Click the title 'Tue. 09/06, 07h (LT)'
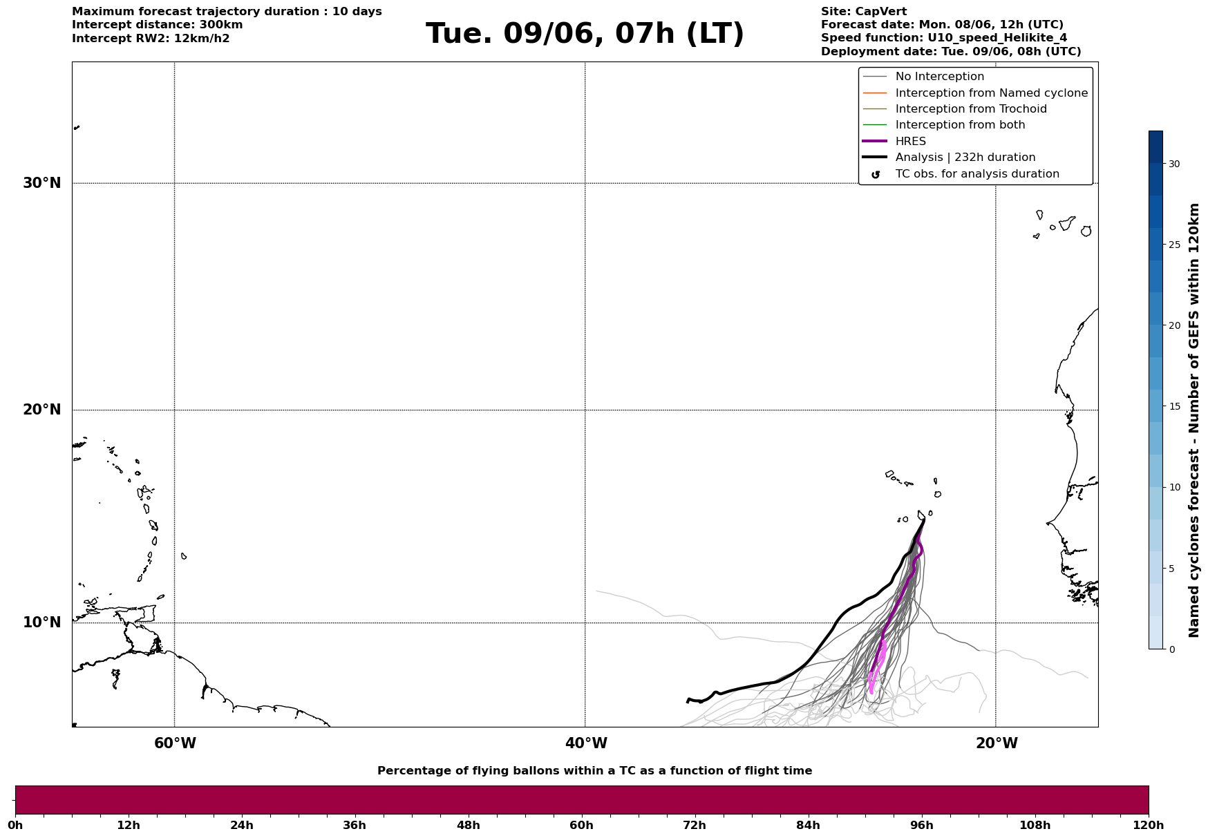pos(585,34)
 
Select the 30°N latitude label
pos(42,183)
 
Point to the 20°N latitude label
pos(42,410)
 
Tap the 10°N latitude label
pos(42,622)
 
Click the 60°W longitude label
pos(175,743)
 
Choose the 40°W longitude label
pos(586,743)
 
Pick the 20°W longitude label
pos(997,743)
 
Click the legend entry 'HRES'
pos(910,142)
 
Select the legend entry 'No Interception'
pos(940,77)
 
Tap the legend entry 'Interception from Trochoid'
pos(971,109)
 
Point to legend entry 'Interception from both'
pos(961,125)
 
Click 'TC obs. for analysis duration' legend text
pos(977,174)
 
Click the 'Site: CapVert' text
pos(864,12)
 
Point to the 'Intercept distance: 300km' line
pos(158,25)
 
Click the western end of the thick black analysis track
pos(688,702)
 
